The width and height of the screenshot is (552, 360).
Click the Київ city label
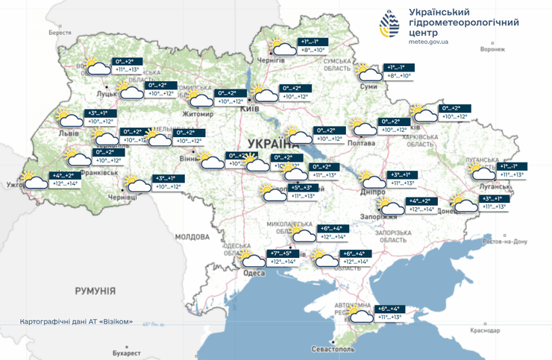(248, 110)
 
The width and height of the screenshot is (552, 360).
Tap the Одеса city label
(254, 274)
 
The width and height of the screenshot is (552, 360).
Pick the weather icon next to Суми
(369, 72)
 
